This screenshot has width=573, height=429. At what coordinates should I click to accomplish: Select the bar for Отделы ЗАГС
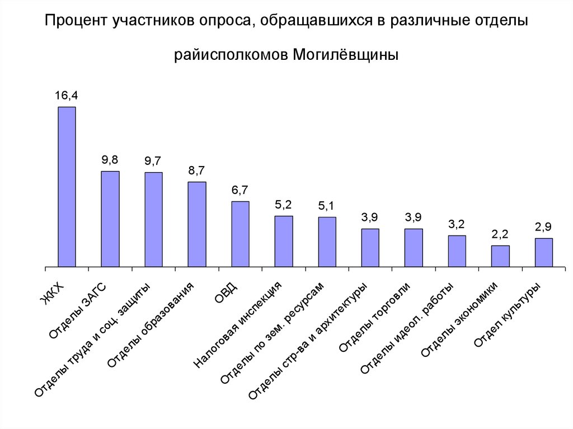[110, 219]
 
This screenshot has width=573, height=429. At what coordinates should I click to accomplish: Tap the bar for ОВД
[240, 234]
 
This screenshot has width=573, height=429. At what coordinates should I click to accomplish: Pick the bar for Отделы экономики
[500, 256]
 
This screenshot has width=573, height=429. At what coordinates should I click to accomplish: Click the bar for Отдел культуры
[543, 252]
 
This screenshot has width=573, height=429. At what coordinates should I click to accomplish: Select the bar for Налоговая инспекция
[284, 241]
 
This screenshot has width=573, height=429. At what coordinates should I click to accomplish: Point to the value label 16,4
[66, 96]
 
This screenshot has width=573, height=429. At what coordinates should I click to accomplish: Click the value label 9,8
[110, 160]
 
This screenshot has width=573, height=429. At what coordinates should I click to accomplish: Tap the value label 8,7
[196, 171]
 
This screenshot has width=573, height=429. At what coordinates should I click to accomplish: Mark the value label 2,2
[500, 234]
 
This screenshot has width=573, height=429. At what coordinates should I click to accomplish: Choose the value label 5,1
[327, 206]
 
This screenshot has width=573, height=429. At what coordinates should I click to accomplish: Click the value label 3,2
[457, 224]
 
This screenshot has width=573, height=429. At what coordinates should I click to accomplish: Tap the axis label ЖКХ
[53, 294]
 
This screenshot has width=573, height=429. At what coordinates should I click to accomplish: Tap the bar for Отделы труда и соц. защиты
[153, 219]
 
